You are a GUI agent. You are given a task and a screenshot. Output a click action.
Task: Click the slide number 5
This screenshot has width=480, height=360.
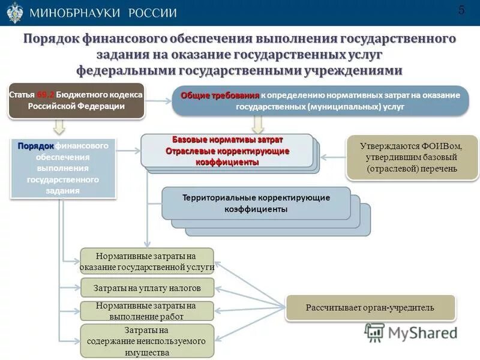pyautogui.click(x=461, y=10)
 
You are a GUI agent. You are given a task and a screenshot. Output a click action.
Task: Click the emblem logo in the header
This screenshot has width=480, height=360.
pyautogui.click(x=14, y=13)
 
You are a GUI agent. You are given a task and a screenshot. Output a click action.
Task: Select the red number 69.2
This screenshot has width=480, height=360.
pyautogui.click(x=45, y=95)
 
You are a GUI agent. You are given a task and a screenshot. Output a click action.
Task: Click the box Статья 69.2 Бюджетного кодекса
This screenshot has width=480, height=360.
pyautogui.click(x=76, y=100)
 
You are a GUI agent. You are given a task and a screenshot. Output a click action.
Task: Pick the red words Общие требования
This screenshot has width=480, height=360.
pyautogui.click(x=220, y=95)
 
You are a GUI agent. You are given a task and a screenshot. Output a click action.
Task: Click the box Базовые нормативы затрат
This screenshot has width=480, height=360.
pyautogui.click(x=227, y=151)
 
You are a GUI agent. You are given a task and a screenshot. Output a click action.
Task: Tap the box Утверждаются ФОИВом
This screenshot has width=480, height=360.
pyautogui.click(x=412, y=157)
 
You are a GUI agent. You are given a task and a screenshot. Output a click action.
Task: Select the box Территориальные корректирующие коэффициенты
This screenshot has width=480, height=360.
pyautogui.click(x=256, y=203)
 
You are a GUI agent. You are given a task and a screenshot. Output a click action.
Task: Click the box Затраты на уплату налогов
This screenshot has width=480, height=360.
pyautogui.click(x=147, y=288)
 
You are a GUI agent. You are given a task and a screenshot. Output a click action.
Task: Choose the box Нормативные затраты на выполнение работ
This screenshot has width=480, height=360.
pyautogui.click(x=147, y=310)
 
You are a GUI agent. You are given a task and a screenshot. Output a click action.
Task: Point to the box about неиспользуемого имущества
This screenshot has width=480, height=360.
pyautogui.click(x=147, y=341)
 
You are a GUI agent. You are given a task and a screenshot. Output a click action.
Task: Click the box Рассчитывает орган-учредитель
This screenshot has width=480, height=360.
pyautogui.click(x=370, y=308)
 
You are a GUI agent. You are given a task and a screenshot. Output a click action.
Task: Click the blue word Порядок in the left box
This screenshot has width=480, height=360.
pyautogui.click(x=36, y=146)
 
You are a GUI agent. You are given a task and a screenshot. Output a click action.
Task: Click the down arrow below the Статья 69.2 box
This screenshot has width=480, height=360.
pyautogui.click(x=59, y=126)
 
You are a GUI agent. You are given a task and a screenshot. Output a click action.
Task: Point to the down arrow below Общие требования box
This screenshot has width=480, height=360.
pyautogui.click(x=259, y=124)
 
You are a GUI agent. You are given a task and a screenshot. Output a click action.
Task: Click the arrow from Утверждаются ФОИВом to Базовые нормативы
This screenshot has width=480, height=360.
pyautogui.click(x=332, y=157)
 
